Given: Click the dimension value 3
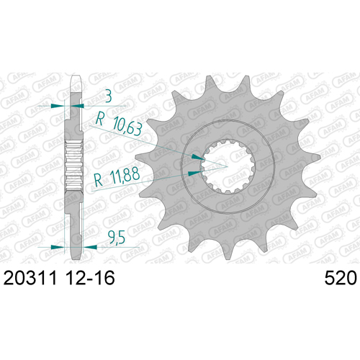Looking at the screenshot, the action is coord(109,96).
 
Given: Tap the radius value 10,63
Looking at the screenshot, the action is coord(127,126).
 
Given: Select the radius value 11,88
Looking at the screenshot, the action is coord(125,175).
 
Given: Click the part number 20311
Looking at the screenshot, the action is coord(30,278).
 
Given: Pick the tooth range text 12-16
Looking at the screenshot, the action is coord(90,278).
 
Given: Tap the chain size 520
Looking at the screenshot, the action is coord(341,278).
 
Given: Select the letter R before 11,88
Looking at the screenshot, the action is coord(99,180).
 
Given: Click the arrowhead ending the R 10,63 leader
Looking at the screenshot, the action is coord(198,157).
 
